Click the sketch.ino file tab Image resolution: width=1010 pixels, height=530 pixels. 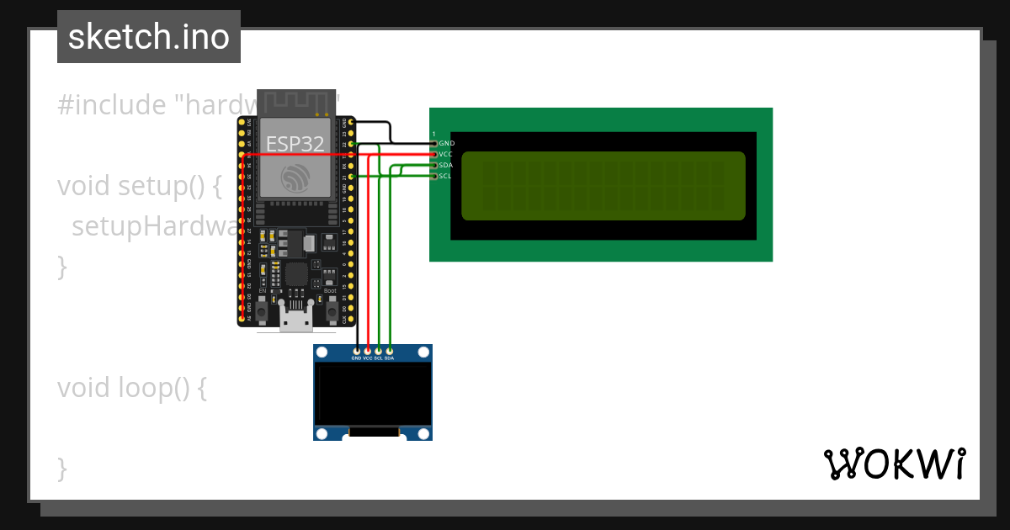[149, 37]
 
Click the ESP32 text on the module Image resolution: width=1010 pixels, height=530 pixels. [295, 144]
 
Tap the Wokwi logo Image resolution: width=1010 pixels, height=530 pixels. [894, 464]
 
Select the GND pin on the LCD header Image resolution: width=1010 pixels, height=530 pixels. [434, 144]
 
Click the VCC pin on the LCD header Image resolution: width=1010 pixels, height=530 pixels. [434, 155]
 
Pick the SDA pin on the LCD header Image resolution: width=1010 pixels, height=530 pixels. [434, 165]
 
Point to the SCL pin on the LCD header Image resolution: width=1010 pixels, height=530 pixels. [434, 176]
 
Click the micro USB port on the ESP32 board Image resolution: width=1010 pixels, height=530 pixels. [296, 321]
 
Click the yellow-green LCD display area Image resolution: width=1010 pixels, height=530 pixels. [603, 186]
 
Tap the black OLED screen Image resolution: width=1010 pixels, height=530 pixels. [372, 393]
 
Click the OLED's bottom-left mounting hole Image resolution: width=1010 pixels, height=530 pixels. [322, 433]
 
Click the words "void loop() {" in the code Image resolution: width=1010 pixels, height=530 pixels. [131, 388]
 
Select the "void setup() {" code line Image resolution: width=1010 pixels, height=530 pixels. [139, 186]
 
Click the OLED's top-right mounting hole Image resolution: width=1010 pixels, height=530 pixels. [424, 352]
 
